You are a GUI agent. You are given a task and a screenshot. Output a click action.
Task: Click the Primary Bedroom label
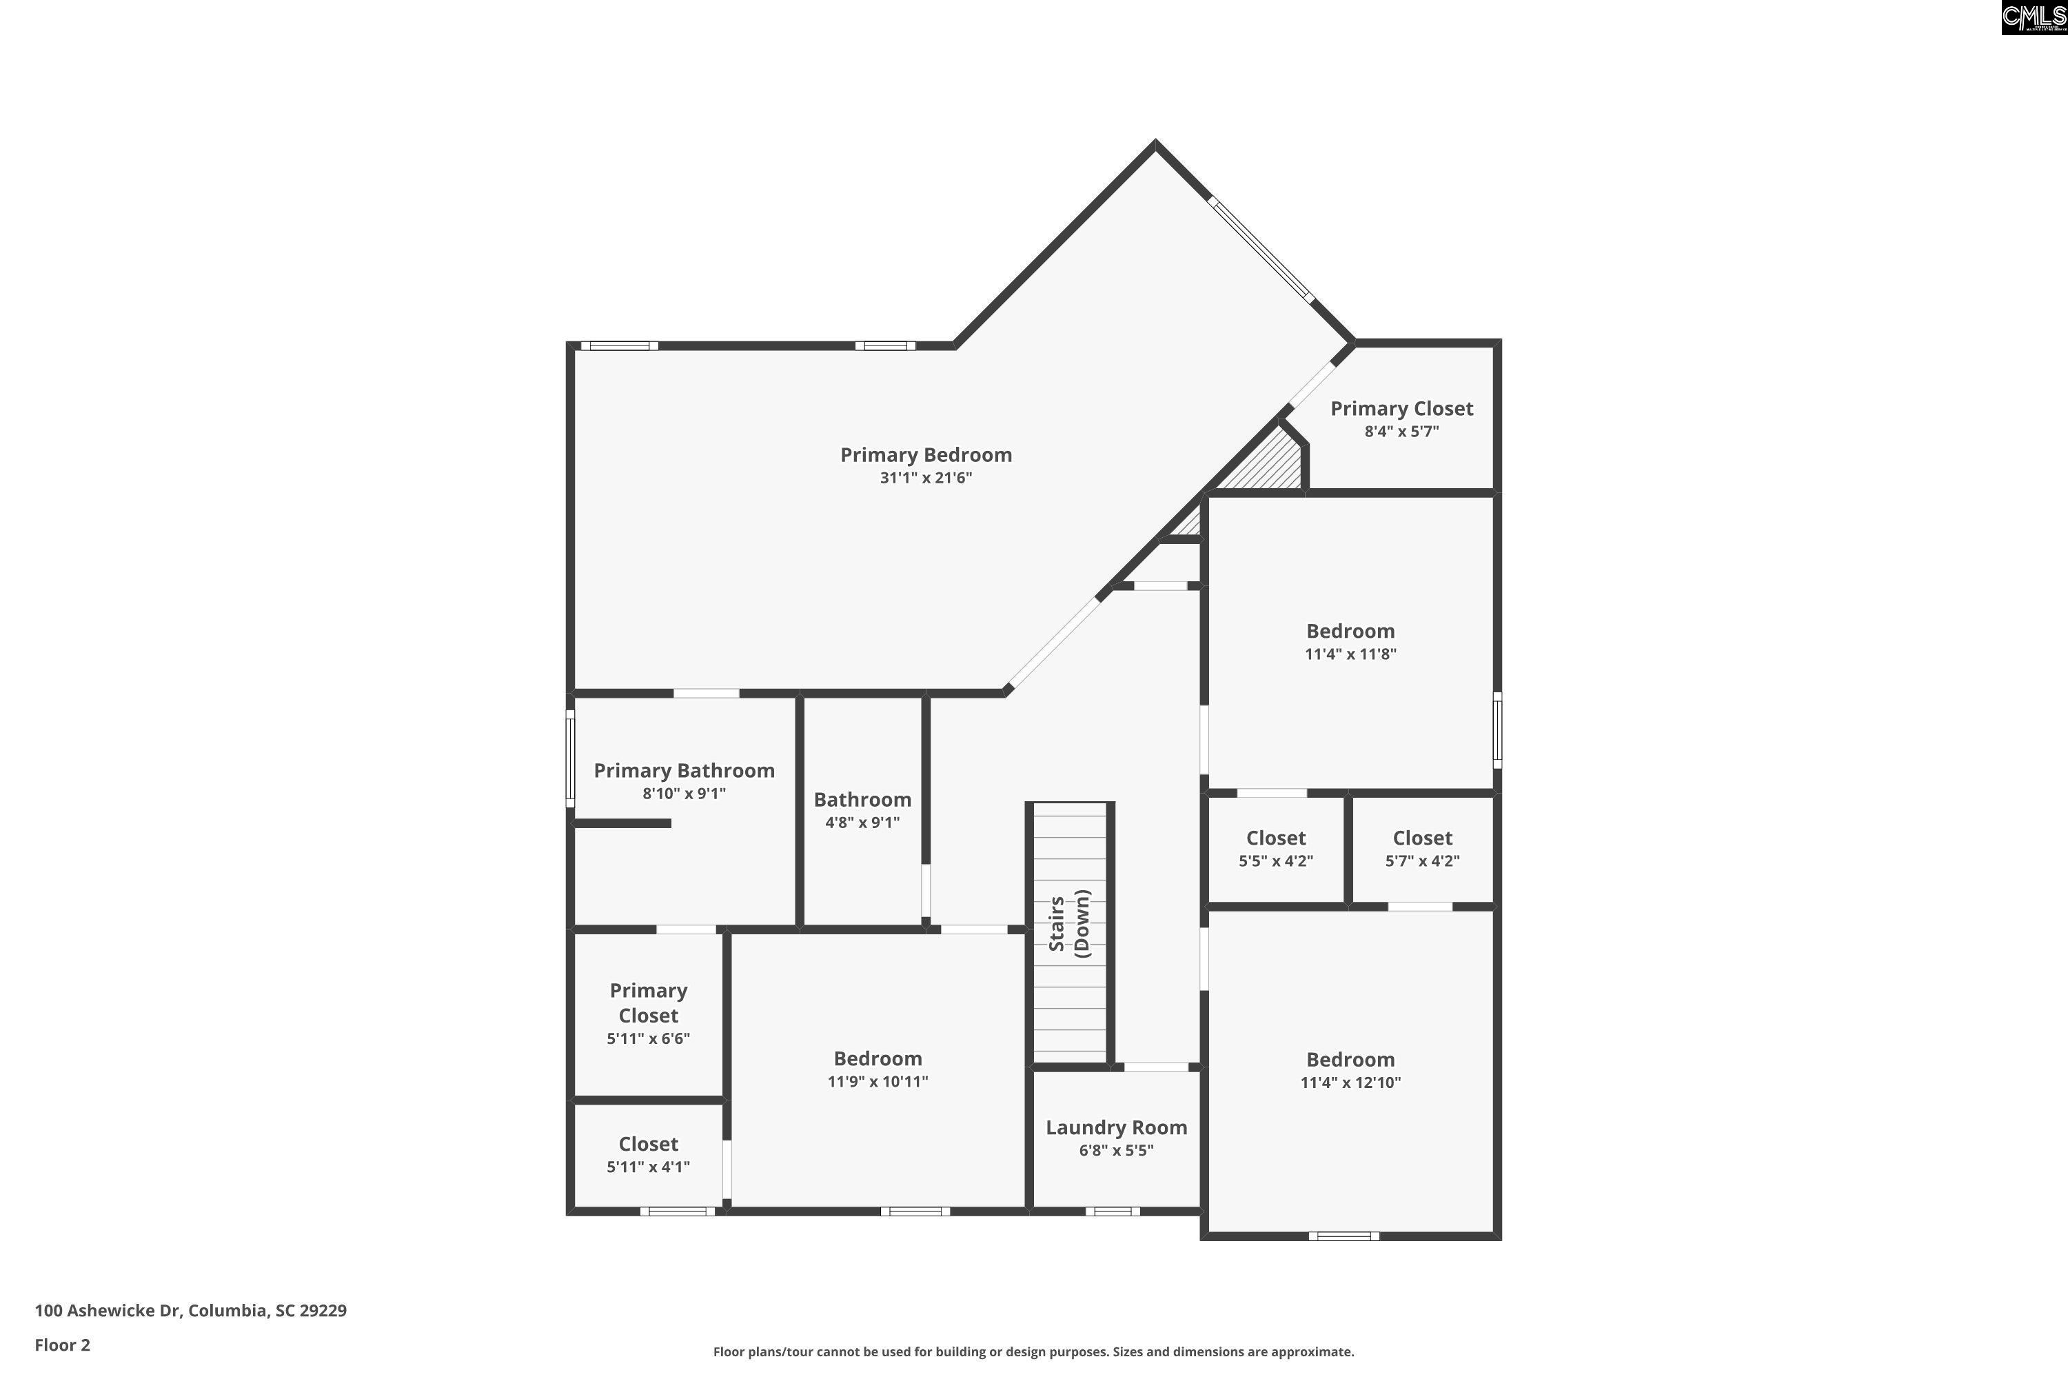coord(926,454)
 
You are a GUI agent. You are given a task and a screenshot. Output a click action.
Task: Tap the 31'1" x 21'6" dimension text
coord(926,479)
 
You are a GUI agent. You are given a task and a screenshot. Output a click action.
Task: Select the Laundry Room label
coord(1116,1127)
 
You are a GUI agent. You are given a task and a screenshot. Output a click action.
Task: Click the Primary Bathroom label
coord(684,770)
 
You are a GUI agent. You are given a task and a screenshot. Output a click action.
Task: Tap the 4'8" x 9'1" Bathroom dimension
coord(862,823)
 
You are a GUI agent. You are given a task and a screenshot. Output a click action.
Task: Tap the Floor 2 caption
coord(63,1345)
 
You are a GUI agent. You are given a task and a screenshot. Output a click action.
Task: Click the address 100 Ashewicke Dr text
coord(108,1311)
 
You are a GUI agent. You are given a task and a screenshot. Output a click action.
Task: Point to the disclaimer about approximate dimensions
coord(1033,1351)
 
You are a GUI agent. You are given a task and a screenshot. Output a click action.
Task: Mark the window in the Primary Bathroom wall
coord(570,759)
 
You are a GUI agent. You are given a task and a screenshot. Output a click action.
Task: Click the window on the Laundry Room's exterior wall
coord(1113,1211)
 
